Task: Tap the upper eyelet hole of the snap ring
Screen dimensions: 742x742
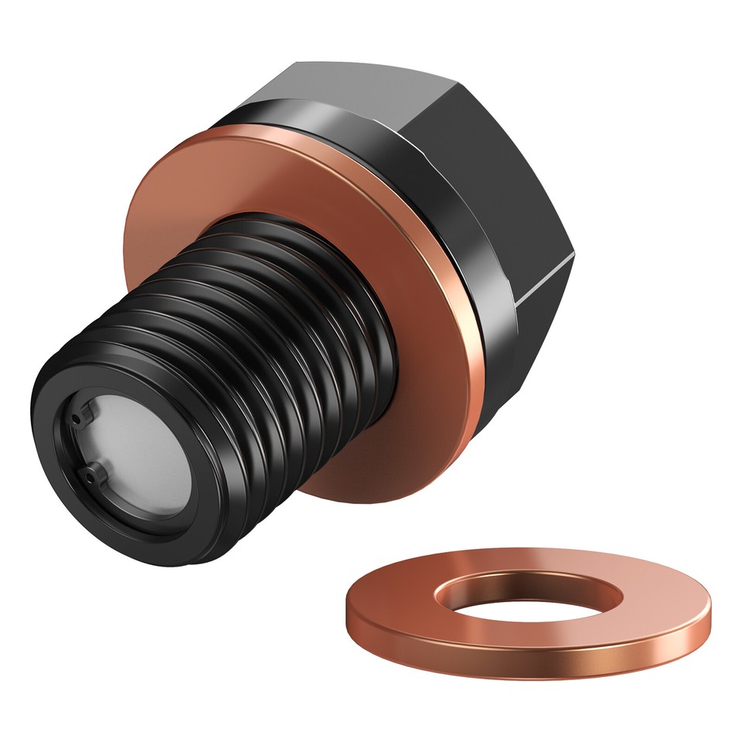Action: [x=75, y=418]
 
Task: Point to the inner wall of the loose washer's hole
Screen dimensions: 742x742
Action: [x=533, y=583]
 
